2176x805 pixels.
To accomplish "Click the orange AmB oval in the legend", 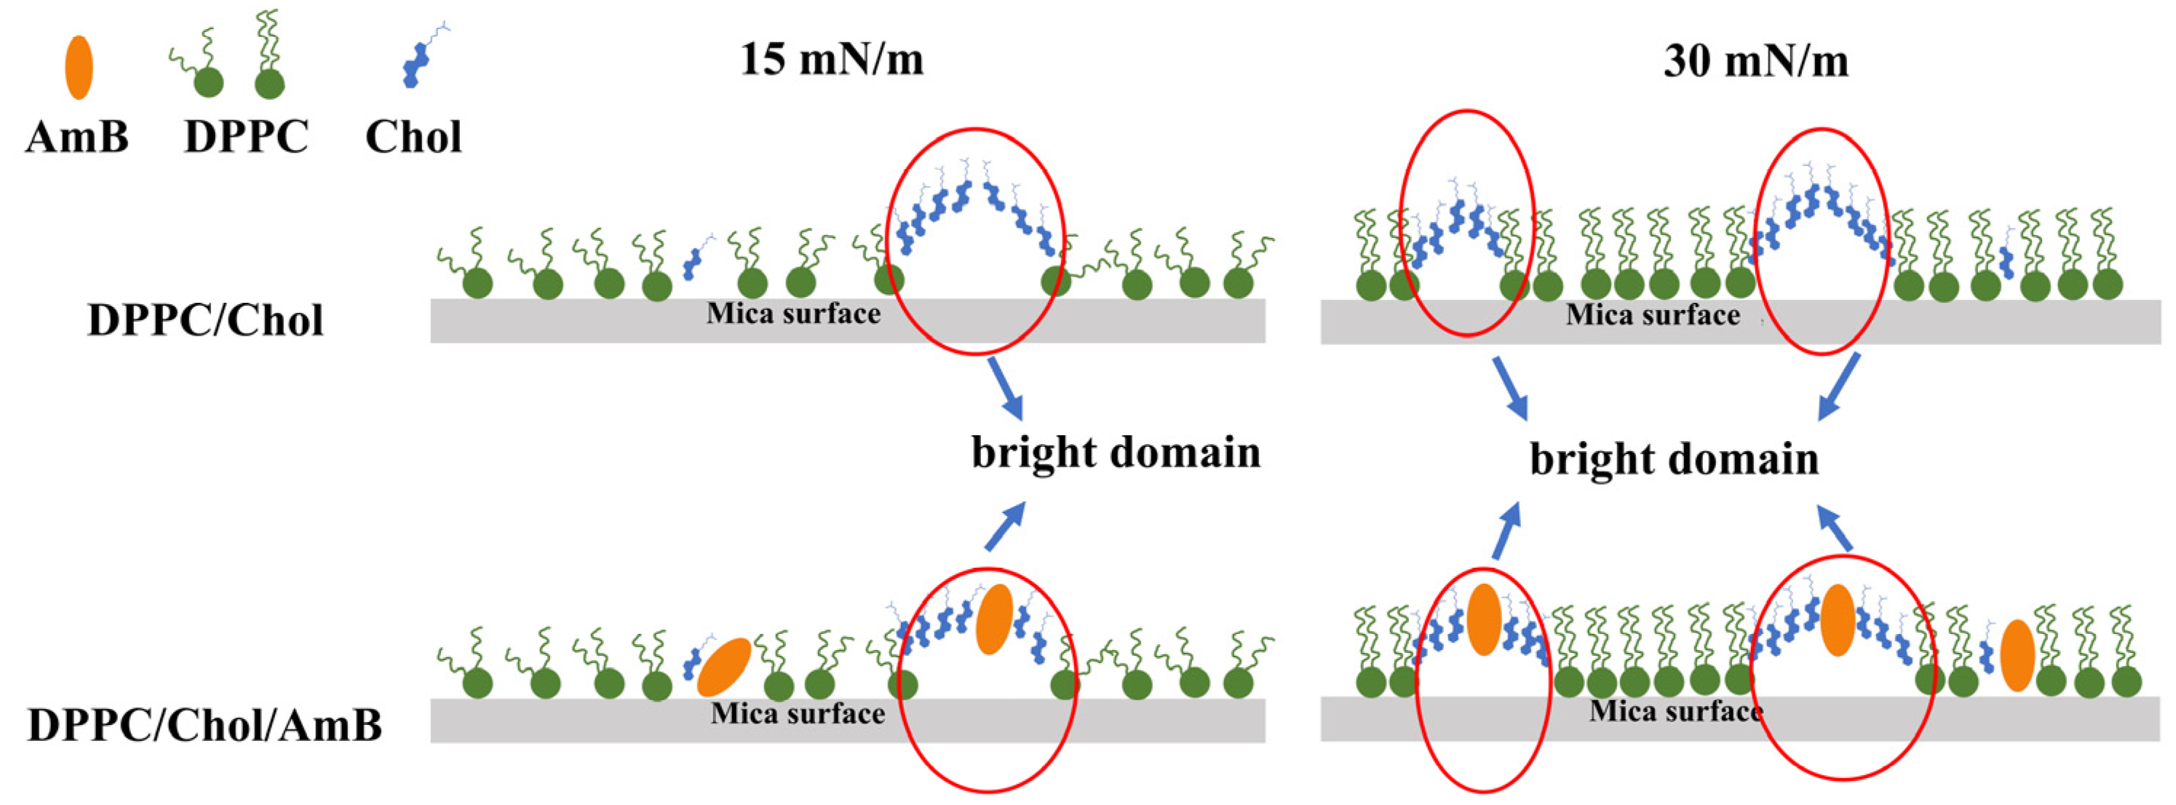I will coord(79,68).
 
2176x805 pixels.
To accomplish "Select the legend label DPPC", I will coord(246,137).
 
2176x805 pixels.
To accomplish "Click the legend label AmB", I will coord(77,137).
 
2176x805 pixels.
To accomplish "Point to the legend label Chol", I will coord(413,137).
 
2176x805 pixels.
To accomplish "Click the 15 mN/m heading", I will coord(831,60).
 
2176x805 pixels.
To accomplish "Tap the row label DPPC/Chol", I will coord(205,321).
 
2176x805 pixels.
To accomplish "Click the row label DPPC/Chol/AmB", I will coord(205,725).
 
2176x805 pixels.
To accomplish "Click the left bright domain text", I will coord(1115,453).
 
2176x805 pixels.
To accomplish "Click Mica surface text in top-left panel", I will coord(793,314).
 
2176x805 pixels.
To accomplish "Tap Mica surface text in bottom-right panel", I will coord(1676,711).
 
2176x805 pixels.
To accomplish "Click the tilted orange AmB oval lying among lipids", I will coord(724,667).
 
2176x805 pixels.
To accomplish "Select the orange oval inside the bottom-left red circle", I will coord(993,619).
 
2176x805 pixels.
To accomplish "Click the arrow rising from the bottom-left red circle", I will coord(1004,526).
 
